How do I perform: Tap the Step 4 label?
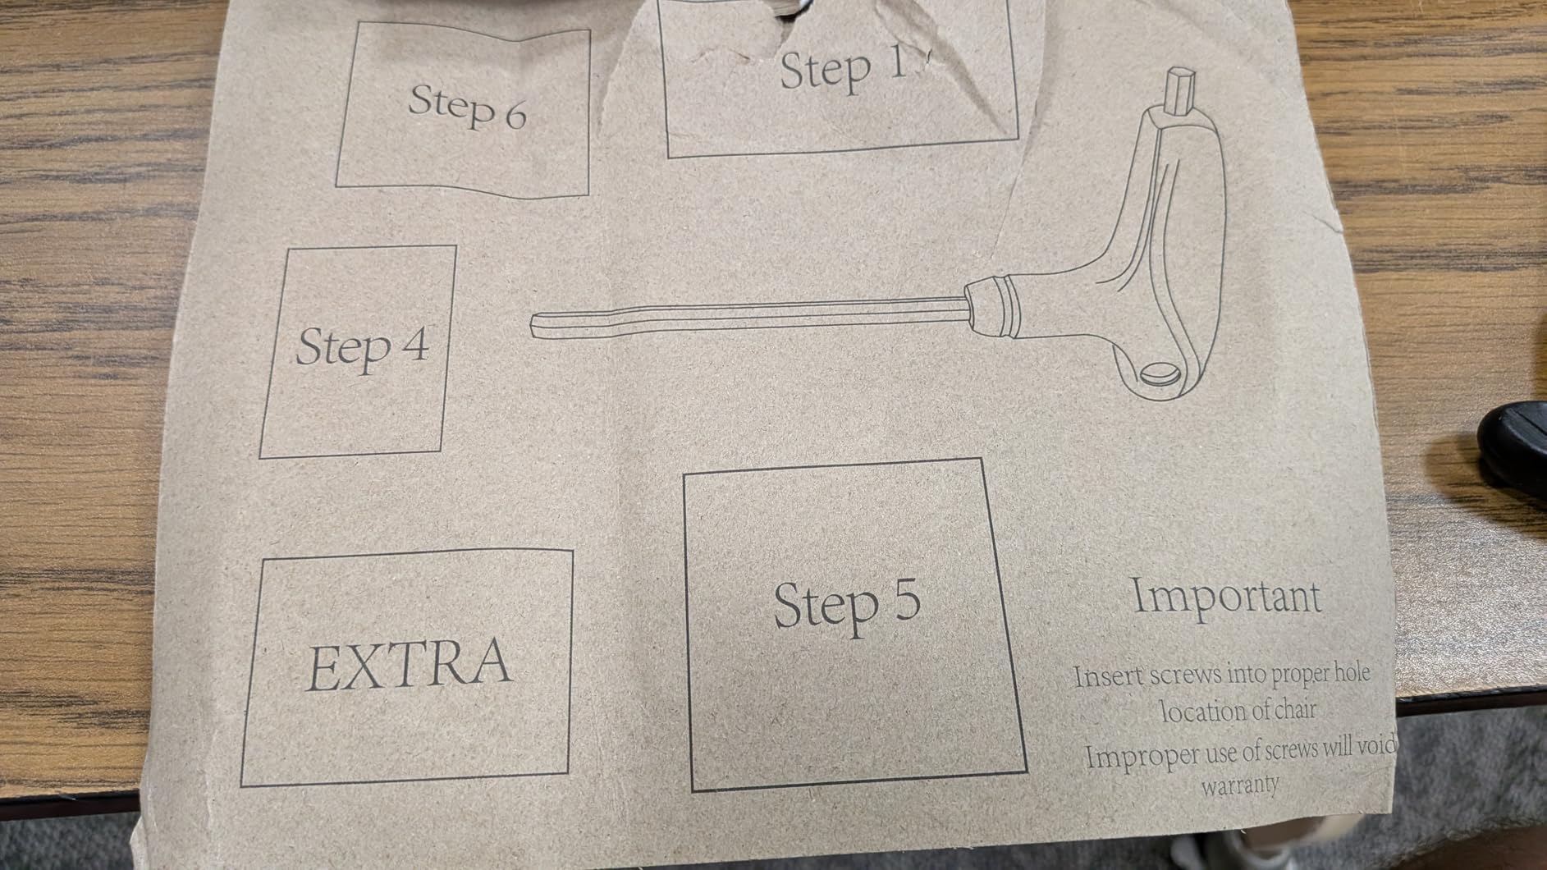point(362,346)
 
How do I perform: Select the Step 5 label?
point(847,605)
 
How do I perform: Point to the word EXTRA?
point(409,663)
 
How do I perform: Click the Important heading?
point(1227,596)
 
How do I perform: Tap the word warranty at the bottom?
point(1240,784)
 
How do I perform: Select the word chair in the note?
point(1292,707)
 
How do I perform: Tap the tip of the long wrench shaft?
point(533,325)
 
